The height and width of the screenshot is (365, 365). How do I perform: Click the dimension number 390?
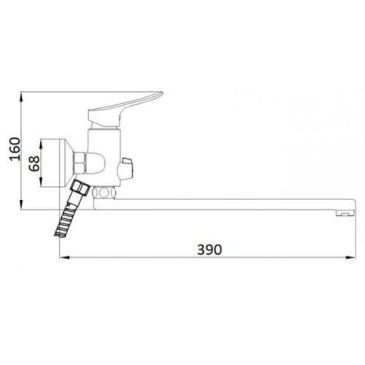coord(210,249)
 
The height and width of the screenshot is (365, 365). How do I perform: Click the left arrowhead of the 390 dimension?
coord(64,257)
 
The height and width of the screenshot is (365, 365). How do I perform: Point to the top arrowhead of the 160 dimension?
coord(23,94)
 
